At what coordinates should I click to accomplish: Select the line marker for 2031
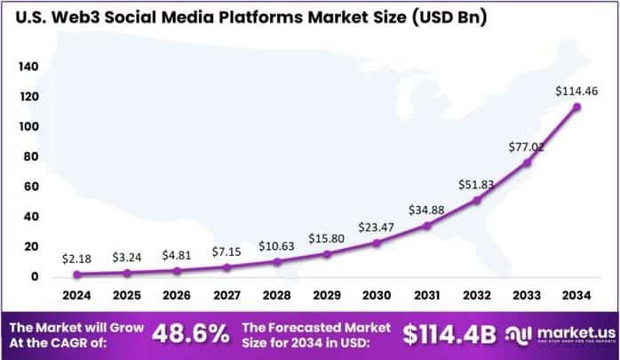click(425, 225)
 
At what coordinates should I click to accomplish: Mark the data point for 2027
click(226, 267)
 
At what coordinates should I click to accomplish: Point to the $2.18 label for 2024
click(77, 259)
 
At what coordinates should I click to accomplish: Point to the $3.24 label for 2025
click(128, 257)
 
